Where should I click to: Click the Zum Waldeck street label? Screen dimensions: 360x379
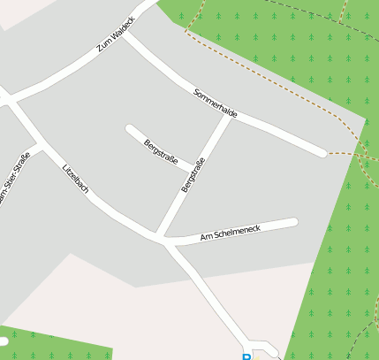[x=116, y=34]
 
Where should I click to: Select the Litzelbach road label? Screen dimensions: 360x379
[x=75, y=180]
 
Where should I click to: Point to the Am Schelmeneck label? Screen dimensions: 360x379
[x=231, y=233]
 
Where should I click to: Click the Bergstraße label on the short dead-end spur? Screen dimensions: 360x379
[x=161, y=151]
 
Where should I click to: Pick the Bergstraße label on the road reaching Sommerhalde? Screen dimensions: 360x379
[x=193, y=175]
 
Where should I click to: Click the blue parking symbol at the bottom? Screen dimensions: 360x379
[x=246, y=356]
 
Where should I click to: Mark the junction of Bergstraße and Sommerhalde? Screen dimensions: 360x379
[x=231, y=116]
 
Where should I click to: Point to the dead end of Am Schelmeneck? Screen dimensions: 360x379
[x=293, y=222]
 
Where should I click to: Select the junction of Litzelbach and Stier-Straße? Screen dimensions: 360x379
[x=41, y=144]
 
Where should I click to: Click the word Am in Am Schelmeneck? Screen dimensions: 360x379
[x=206, y=237]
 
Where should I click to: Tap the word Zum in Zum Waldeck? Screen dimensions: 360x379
[x=104, y=42]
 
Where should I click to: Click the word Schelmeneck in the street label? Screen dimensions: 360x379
[x=237, y=231]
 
